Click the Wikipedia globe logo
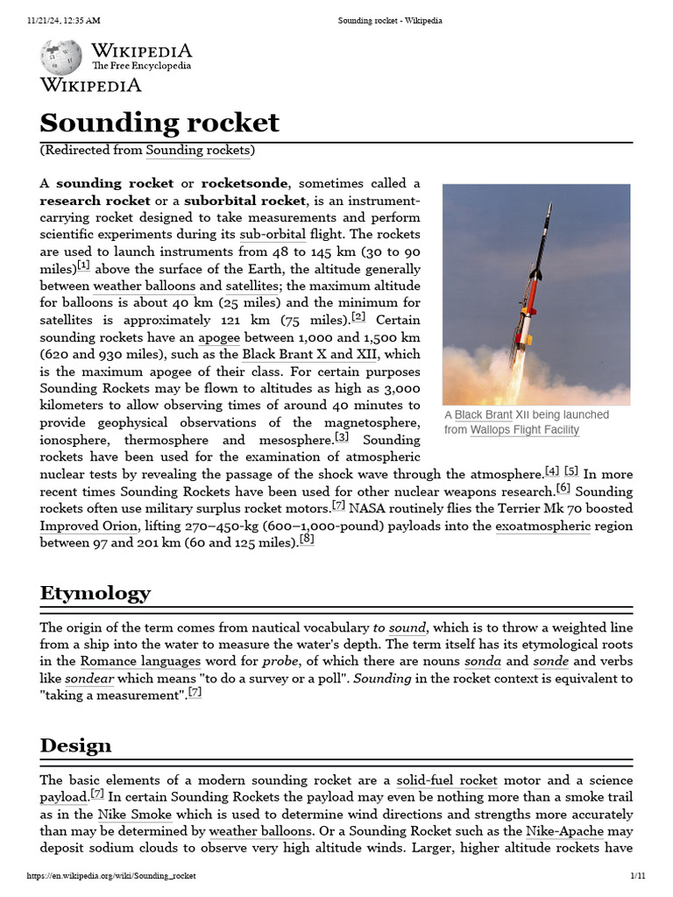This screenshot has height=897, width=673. pyautogui.click(x=60, y=57)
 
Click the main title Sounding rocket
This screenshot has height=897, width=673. pyautogui.click(x=159, y=122)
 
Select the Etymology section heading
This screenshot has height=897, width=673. pyautogui.click(x=95, y=593)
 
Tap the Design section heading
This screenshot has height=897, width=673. pyautogui.click(x=75, y=745)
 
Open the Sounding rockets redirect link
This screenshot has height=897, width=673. pyautogui.click(x=198, y=150)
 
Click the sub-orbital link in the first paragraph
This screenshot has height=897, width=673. pyautogui.click(x=273, y=235)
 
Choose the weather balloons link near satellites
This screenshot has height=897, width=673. pyautogui.click(x=144, y=286)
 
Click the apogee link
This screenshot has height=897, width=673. pyautogui.click(x=218, y=337)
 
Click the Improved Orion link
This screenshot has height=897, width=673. pyautogui.click(x=89, y=526)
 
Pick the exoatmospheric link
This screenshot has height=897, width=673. pyautogui.click(x=542, y=526)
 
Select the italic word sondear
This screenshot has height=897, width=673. pyautogui.click(x=89, y=678)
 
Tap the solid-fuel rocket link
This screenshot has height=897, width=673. pyautogui.click(x=446, y=780)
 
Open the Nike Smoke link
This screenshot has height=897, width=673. pyautogui.click(x=134, y=814)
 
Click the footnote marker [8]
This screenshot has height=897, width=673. pyautogui.click(x=307, y=540)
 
